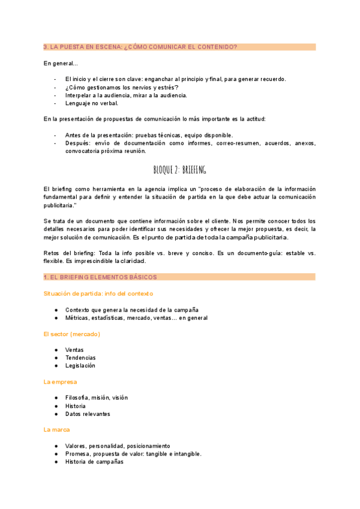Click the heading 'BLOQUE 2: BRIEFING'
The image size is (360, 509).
point(179,170)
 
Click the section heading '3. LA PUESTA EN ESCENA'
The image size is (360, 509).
point(140,47)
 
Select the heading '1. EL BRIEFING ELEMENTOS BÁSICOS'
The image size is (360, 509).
point(100,277)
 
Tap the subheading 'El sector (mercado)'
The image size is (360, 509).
point(71,334)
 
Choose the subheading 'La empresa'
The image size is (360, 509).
point(60,382)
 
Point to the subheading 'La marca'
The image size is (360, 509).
point(57,430)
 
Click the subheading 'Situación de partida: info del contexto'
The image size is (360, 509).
point(98,294)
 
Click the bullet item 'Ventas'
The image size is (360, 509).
point(74,350)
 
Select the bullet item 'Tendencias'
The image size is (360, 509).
point(80,358)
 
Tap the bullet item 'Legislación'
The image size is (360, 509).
point(80,366)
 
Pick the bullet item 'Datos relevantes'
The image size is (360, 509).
point(88,414)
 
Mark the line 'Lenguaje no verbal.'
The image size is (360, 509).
point(92,103)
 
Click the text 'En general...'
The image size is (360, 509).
point(61,64)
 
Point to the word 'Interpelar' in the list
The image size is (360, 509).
point(79,95)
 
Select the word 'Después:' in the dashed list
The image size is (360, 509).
point(78,143)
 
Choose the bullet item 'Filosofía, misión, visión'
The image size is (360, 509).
point(97,397)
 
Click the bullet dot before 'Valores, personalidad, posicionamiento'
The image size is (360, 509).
point(56,446)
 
